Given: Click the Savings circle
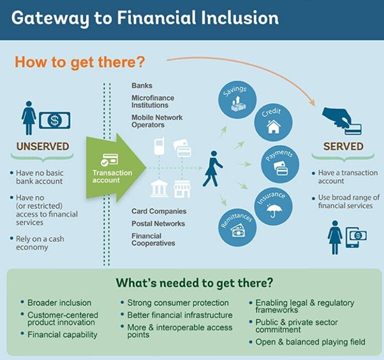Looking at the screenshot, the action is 237,100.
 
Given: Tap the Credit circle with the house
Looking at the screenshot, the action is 273,122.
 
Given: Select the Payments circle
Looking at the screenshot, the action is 280,164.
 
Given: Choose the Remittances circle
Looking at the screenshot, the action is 237,227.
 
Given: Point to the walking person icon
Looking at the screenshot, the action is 212,169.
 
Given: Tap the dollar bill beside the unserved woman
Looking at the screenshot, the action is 55,120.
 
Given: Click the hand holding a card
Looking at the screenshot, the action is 341,121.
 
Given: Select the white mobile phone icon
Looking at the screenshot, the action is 159,146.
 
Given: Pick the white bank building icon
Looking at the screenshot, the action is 159,189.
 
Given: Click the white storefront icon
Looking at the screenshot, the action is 182,189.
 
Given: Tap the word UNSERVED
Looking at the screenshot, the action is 43,147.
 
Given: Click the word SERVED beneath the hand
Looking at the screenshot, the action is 343,147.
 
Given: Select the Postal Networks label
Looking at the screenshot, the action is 158,224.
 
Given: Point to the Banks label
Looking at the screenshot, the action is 142,85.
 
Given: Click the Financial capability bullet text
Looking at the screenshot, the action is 63,335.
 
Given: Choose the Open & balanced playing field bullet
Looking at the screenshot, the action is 310,342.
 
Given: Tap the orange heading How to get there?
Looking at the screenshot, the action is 80,62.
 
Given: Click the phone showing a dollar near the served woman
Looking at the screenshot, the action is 356,238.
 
